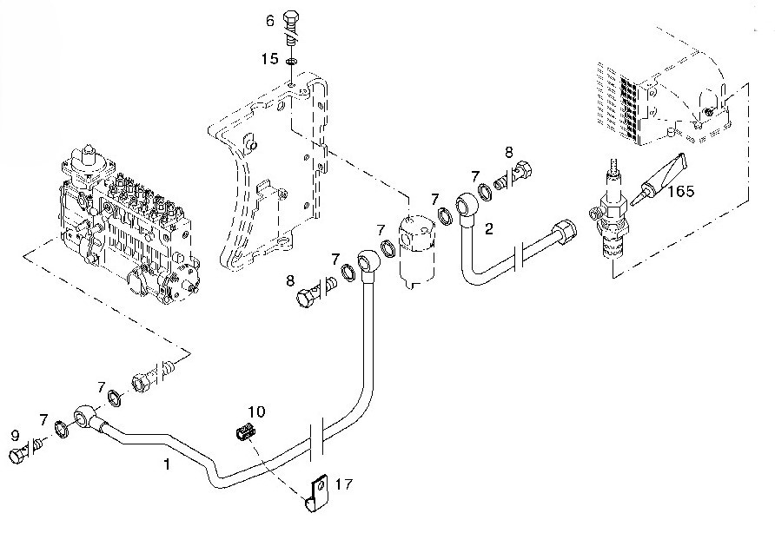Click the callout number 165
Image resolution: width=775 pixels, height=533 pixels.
[x=680, y=191]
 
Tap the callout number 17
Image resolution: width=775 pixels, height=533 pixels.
[x=344, y=484]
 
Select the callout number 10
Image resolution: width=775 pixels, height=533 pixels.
[x=255, y=411]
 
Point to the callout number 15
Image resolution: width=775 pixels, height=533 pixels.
[x=270, y=59]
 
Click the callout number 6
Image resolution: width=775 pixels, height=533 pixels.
[x=270, y=20]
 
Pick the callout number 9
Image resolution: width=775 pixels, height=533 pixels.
[x=15, y=434]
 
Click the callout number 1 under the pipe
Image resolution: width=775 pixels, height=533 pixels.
[x=167, y=464]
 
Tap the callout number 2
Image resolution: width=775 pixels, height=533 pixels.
[x=489, y=229]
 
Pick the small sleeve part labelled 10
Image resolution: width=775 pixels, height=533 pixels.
[x=247, y=430]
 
